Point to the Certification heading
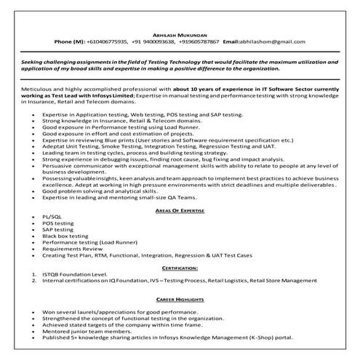point(180,268)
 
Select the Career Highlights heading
point(180,297)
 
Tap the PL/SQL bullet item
point(53,218)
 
